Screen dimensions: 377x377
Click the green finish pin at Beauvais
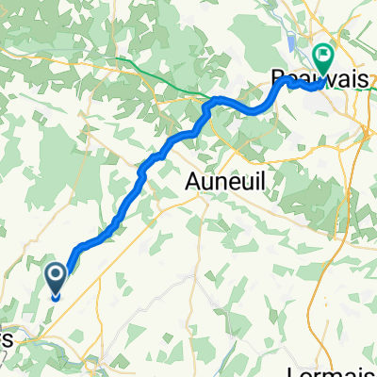(x=323, y=59)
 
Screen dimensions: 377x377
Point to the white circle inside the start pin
(x=56, y=275)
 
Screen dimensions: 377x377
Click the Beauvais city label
(x=318, y=81)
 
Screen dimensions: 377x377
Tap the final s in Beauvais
(x=361, y=81)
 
